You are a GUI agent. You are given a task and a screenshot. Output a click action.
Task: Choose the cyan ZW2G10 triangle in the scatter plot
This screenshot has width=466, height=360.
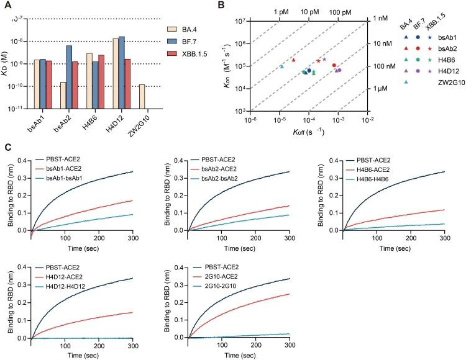tap(282, 66)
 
